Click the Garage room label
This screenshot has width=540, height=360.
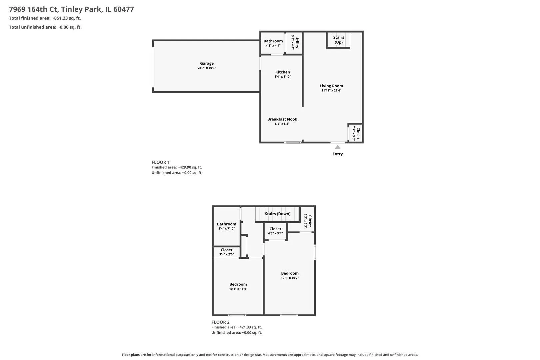[207, 63]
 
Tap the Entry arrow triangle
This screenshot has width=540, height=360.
[337, 147]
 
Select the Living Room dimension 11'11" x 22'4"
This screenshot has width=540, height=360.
[331, 90]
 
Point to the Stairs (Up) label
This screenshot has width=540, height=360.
[338, 40]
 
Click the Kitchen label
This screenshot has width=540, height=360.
[283, 72]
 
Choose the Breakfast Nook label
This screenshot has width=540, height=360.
[282, 119]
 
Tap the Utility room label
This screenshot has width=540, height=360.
[297, 42]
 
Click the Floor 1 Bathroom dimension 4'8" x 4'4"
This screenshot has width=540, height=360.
[273, 46]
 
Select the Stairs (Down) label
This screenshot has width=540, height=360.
[277, 214]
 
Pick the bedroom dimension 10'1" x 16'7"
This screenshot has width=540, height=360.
[290, 278]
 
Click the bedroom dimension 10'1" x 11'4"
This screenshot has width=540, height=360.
[238, 289]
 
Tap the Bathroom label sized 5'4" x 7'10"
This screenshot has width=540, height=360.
[226, 224]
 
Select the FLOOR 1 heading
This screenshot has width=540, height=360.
[161, 162]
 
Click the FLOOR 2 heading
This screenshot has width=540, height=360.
[220, 322]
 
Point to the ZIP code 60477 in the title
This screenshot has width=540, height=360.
[123, 9]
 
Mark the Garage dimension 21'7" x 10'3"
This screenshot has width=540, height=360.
[207, 68]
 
